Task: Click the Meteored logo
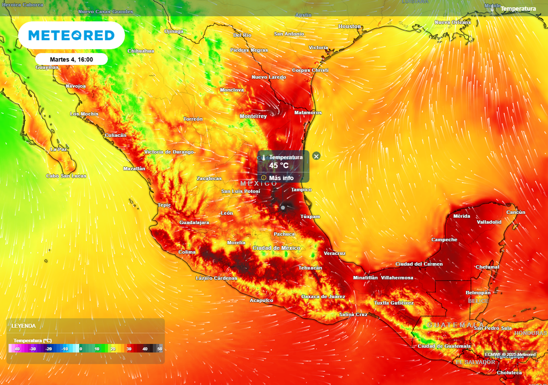coord(71,35)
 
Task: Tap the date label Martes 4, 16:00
coord(71,59)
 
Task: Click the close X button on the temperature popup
coord(316,156)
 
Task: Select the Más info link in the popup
coord(281,178)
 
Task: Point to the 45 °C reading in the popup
coord(279,166)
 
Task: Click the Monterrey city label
coord(253,116)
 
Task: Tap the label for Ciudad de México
coord(277,248)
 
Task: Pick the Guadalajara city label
coord(194,222)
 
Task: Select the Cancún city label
coord(516,212)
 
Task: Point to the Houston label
coord(350,26)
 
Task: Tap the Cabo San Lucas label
coord(66,176)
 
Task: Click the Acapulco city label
coord(262,301)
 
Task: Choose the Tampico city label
coord(301,190)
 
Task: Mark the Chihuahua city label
coord(141,51)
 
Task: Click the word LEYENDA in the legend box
coord(24,326)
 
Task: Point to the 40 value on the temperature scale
coord(144,349)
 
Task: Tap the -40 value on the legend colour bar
coord(17,349)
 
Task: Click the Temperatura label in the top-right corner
coord(517,9)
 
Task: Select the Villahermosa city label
coord(397,278)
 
